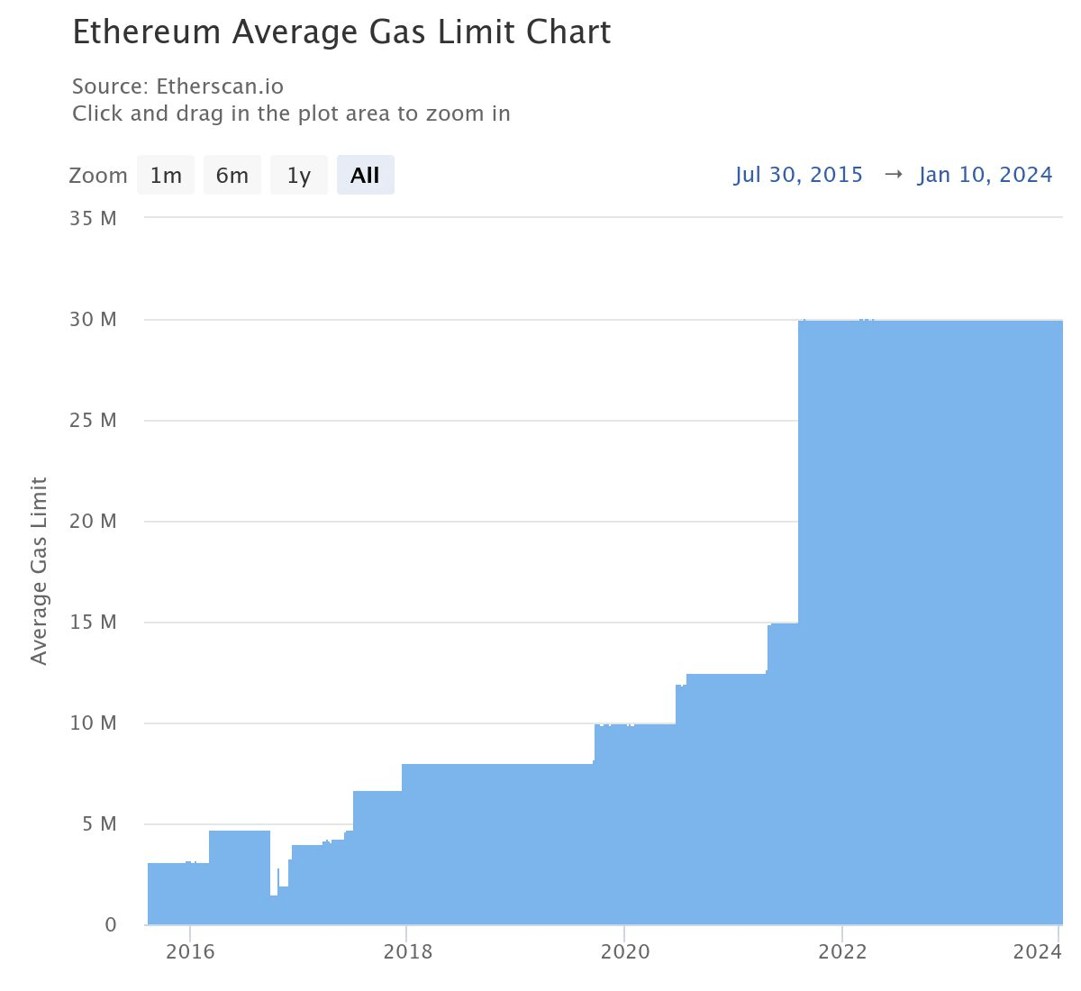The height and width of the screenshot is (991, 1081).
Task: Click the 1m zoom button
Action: (x=166, y=176)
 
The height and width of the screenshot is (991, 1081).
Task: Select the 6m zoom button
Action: (x=232, y=176)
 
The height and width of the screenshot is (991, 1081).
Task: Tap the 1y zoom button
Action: (x=298, y=176)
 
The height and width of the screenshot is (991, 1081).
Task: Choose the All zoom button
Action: (x=365, y=176)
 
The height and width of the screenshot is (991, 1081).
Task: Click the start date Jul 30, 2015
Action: (x=798, y=175)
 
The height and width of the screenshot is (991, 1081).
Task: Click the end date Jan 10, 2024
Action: (x=985, y=175)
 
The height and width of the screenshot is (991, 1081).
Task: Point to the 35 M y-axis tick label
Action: (x=93, y=219)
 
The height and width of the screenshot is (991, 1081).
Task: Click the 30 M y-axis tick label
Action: (x=93, y=320)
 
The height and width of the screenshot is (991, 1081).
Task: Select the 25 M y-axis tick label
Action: (x=93, y=421)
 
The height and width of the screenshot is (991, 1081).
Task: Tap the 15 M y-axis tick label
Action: (x=93, y=623)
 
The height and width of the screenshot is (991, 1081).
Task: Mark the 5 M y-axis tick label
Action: (x=97, y=824)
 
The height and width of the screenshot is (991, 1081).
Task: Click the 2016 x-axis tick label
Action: (x=190, y=952)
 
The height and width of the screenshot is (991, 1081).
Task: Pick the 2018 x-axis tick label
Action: (x=407, y=952)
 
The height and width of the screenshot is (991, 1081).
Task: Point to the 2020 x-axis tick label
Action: (x=625, y=952)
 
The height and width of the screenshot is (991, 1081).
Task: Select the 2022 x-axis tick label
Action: (x=842, y=952)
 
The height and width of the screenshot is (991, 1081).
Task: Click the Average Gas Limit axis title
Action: (x=39, y=571)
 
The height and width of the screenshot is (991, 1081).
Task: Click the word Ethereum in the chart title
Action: (x=146, y=32)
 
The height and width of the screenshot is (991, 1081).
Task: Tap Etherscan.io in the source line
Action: (x=220, y=86)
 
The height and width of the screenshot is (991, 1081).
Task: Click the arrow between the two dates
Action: (x=893, y=175)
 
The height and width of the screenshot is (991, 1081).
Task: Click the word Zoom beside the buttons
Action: (x=97, y=176)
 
